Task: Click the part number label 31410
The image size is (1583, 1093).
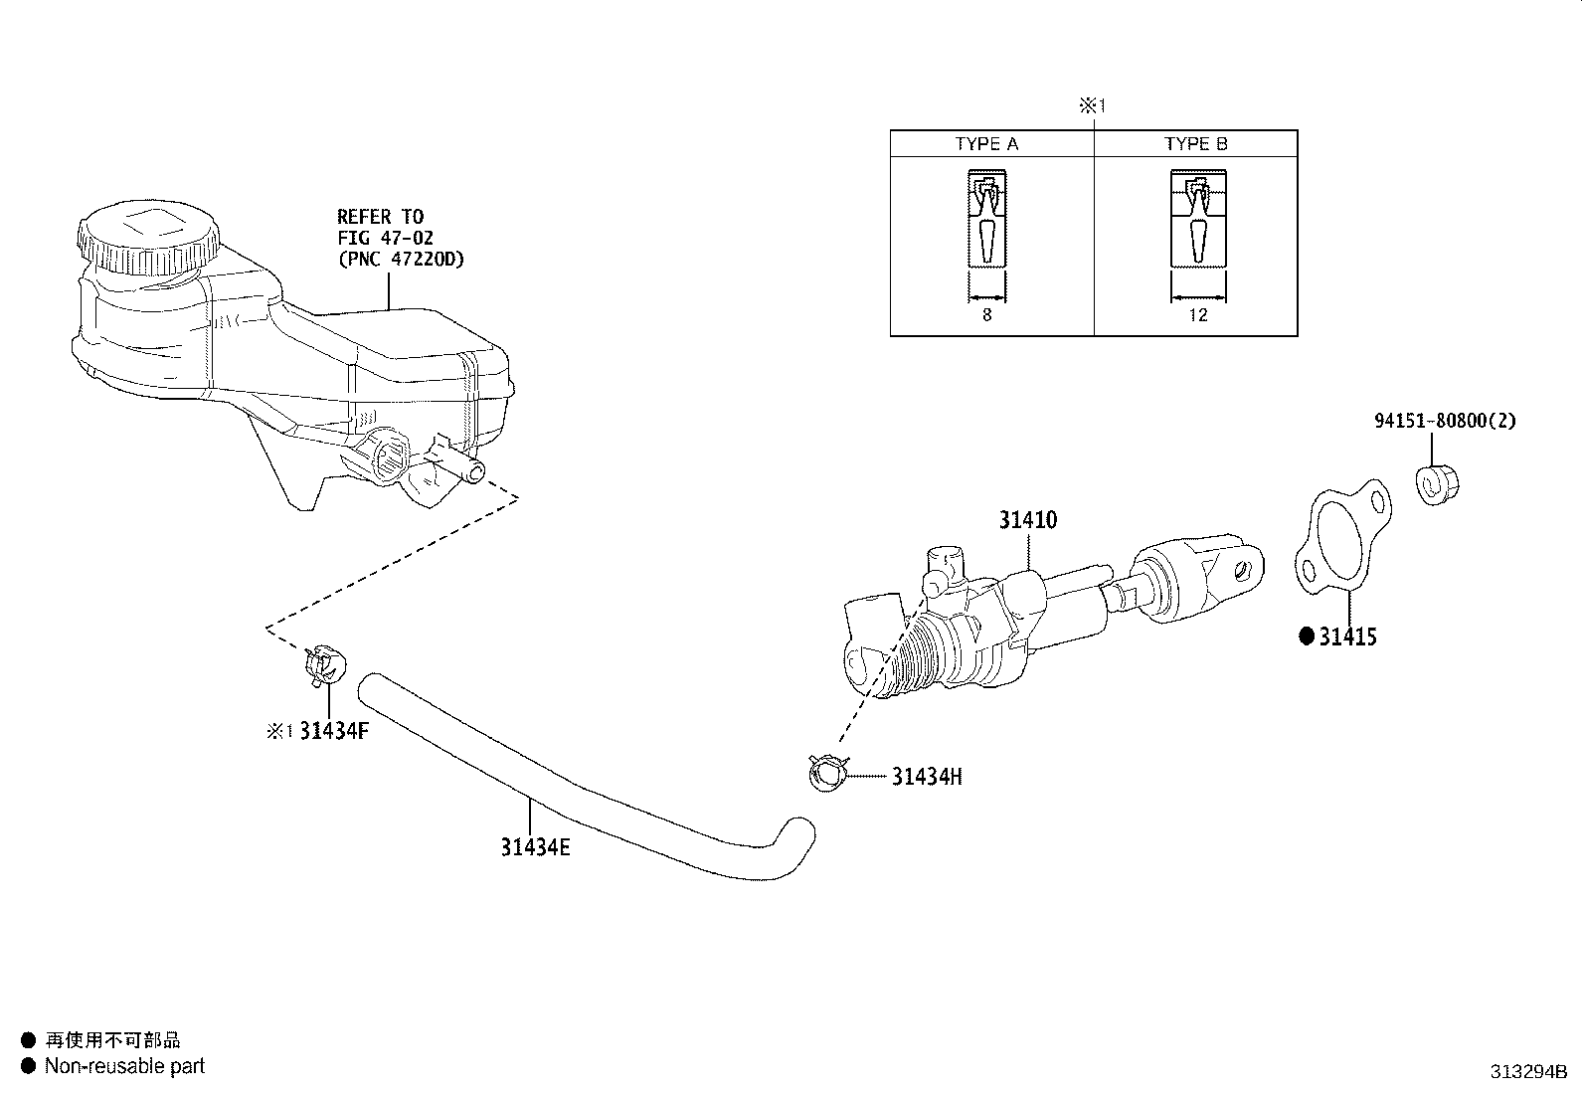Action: click(1028, 520)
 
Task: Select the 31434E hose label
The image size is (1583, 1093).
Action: click(535, 847)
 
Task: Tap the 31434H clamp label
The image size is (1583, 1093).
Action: click(926, 777)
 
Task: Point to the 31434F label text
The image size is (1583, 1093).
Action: click(334, 732)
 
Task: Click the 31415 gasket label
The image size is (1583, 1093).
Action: click(1347, 637)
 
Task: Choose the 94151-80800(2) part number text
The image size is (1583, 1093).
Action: click(1445, 421)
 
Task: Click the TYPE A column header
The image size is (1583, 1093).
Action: click(986, 144)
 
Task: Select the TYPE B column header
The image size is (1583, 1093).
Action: click(1196, 144)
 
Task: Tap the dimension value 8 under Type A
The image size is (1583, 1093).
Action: click(986, 315)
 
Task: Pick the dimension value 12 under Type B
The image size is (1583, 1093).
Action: click(1197, 315)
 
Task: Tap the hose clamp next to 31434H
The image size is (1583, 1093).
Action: click(826, 773)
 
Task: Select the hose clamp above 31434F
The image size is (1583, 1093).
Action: click(324, 663)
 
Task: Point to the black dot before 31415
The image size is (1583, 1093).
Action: click(1307, 637)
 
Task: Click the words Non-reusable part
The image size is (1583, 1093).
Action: click(124, 1066)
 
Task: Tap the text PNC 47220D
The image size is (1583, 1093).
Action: click(401, 260)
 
